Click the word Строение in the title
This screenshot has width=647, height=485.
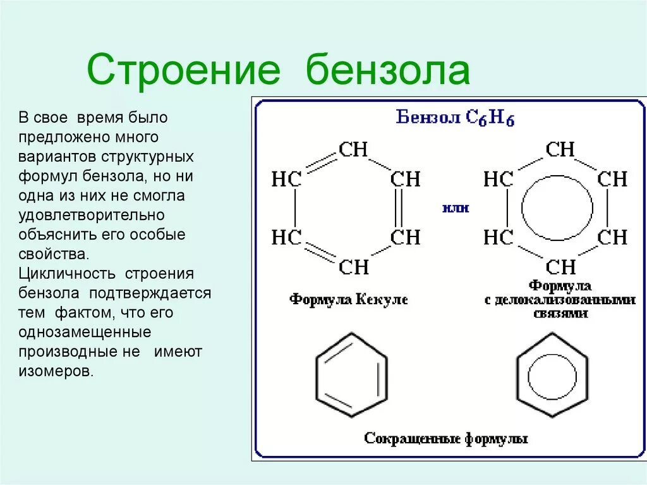[x=183, y=70]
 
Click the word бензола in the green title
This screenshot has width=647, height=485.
[x=389, y=70]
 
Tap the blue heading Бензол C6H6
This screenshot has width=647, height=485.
[x=455, y=118]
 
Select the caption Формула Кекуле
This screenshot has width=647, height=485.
[x=349, y=299]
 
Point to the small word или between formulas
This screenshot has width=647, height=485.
[x=455, y=208]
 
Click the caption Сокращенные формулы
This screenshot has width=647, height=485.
[x=446, y=438]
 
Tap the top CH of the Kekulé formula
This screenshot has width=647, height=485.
[x=353, y=150]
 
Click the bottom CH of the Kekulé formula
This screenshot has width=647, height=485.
[x=353, y=267]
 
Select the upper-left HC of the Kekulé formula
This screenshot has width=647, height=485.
[x=286, y=180]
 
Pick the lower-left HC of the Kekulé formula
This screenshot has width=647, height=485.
[x=286, y=238]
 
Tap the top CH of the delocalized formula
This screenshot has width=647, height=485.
[x=560, y=150]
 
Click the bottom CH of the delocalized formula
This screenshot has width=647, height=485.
[x=560, y=267]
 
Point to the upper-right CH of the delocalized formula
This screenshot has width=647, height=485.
[x=612, y=180]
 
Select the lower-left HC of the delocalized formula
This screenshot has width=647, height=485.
[x=499, y=238]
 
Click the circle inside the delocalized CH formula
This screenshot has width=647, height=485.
[x=558, y=208]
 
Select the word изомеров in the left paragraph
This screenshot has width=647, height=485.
[x=56, y=372]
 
